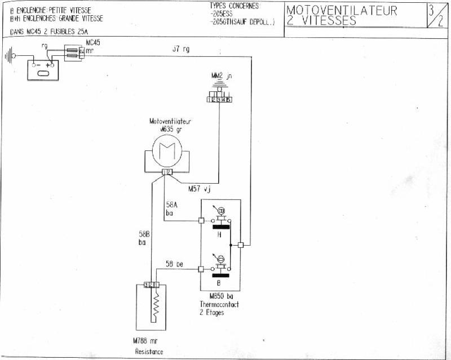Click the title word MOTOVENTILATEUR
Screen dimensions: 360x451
342,11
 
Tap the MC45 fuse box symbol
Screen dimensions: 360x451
74,52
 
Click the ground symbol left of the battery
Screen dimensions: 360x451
8,56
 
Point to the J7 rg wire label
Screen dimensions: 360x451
181,50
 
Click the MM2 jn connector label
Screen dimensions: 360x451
219,75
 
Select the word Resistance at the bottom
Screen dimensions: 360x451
149,352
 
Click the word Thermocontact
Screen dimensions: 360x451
219,304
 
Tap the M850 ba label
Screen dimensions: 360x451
218,296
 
